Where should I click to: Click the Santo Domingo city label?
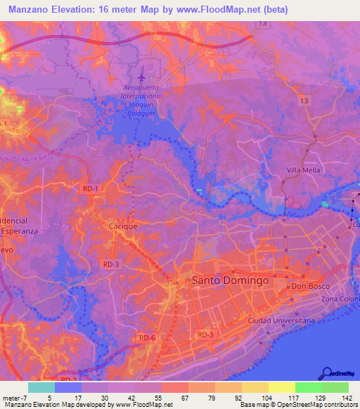point(230,280)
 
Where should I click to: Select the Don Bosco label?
point(310,287)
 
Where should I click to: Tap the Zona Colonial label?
point(340,299)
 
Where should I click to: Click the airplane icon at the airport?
point(143,72)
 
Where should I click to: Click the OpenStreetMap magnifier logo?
point(327,373)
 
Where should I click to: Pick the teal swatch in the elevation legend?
point(41,387)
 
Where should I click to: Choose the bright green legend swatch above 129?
point(308,387)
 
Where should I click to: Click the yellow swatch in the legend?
point(281,387)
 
